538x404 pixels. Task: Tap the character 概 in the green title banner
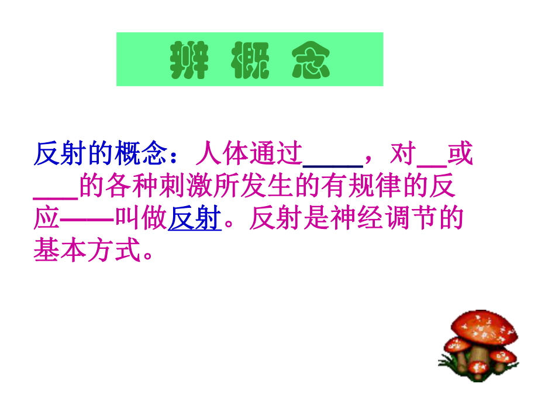(x=250, y=61)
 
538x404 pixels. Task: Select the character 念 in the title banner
(x=311, y=61)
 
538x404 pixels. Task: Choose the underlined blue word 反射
(x=194, y=220)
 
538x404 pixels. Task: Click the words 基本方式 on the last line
(x=88, y=252)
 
